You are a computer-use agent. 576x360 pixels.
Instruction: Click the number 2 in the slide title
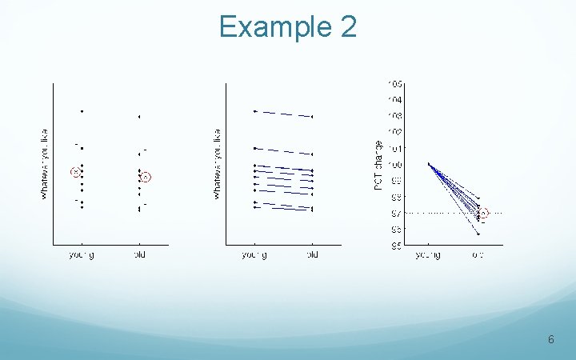pos(347,27)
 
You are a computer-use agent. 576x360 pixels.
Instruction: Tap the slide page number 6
pos(550,340)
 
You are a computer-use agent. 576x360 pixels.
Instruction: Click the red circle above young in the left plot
pos(75,172)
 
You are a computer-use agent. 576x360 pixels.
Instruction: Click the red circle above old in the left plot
pos(146,177)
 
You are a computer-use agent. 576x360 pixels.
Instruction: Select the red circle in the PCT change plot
pos(483,214)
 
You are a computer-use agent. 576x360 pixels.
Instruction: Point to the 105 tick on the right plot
pos(395,84)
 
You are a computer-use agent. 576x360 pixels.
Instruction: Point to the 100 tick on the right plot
pos(395,165)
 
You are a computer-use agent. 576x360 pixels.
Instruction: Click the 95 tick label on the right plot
pos(395,246)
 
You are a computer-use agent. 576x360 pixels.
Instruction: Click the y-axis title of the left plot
pos(44,164)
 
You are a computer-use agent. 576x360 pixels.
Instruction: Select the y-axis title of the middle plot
pos(217,164)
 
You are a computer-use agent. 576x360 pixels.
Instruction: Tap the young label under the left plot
pos(81,255)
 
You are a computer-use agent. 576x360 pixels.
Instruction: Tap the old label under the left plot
pos(139,255)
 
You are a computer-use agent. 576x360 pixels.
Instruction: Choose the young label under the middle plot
pos(254,255)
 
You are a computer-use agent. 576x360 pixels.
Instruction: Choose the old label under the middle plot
pos(312,255)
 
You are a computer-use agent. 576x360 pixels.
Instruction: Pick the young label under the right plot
pos(428,255)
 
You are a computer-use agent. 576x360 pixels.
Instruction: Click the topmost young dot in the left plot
pos(82,111)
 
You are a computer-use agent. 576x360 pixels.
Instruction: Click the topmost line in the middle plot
pos(283,114)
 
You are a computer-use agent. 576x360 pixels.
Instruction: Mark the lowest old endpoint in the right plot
pos(478,234)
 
